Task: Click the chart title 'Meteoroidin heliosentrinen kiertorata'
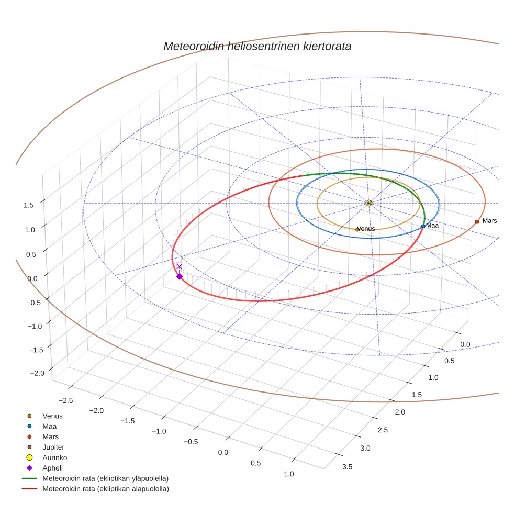(x=257, y=46)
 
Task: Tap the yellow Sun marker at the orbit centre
(x=368, y=203)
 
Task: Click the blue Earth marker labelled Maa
(x=423, y=226)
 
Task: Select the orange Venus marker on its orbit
(x=357, y=229)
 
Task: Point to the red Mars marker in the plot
(x=477, y=221)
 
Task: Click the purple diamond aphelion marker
(x=180, y=276)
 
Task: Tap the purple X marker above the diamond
(x=179, y=266)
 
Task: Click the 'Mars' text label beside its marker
(x=489, y=221)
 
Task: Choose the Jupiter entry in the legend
(x=53, y=447)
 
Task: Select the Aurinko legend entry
(x=54, y=457)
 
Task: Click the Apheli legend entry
(x=52, y=468)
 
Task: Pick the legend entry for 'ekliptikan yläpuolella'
(x=105, y=478)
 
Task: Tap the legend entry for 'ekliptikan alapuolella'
(x=105, y=489)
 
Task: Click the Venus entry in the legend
(x=52, y=416)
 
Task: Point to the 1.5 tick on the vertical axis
(x=28, y=205)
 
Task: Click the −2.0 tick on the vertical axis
(x=37, y=373)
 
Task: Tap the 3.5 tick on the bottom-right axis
(x=347, y=467)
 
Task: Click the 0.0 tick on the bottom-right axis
(x=465, y=344)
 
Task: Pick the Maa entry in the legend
(x=50, y=426)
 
